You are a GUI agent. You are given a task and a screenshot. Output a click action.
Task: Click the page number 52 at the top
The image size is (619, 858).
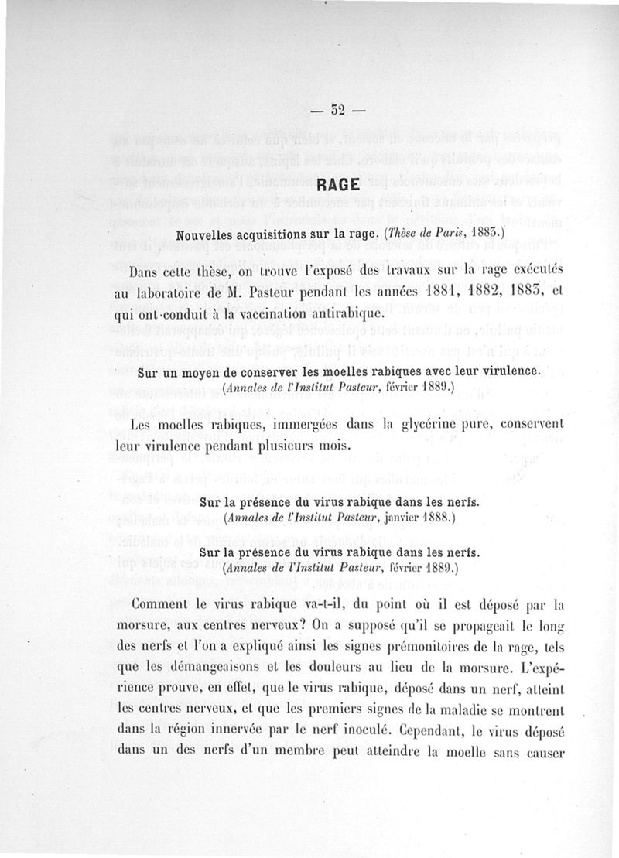(335, 109)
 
